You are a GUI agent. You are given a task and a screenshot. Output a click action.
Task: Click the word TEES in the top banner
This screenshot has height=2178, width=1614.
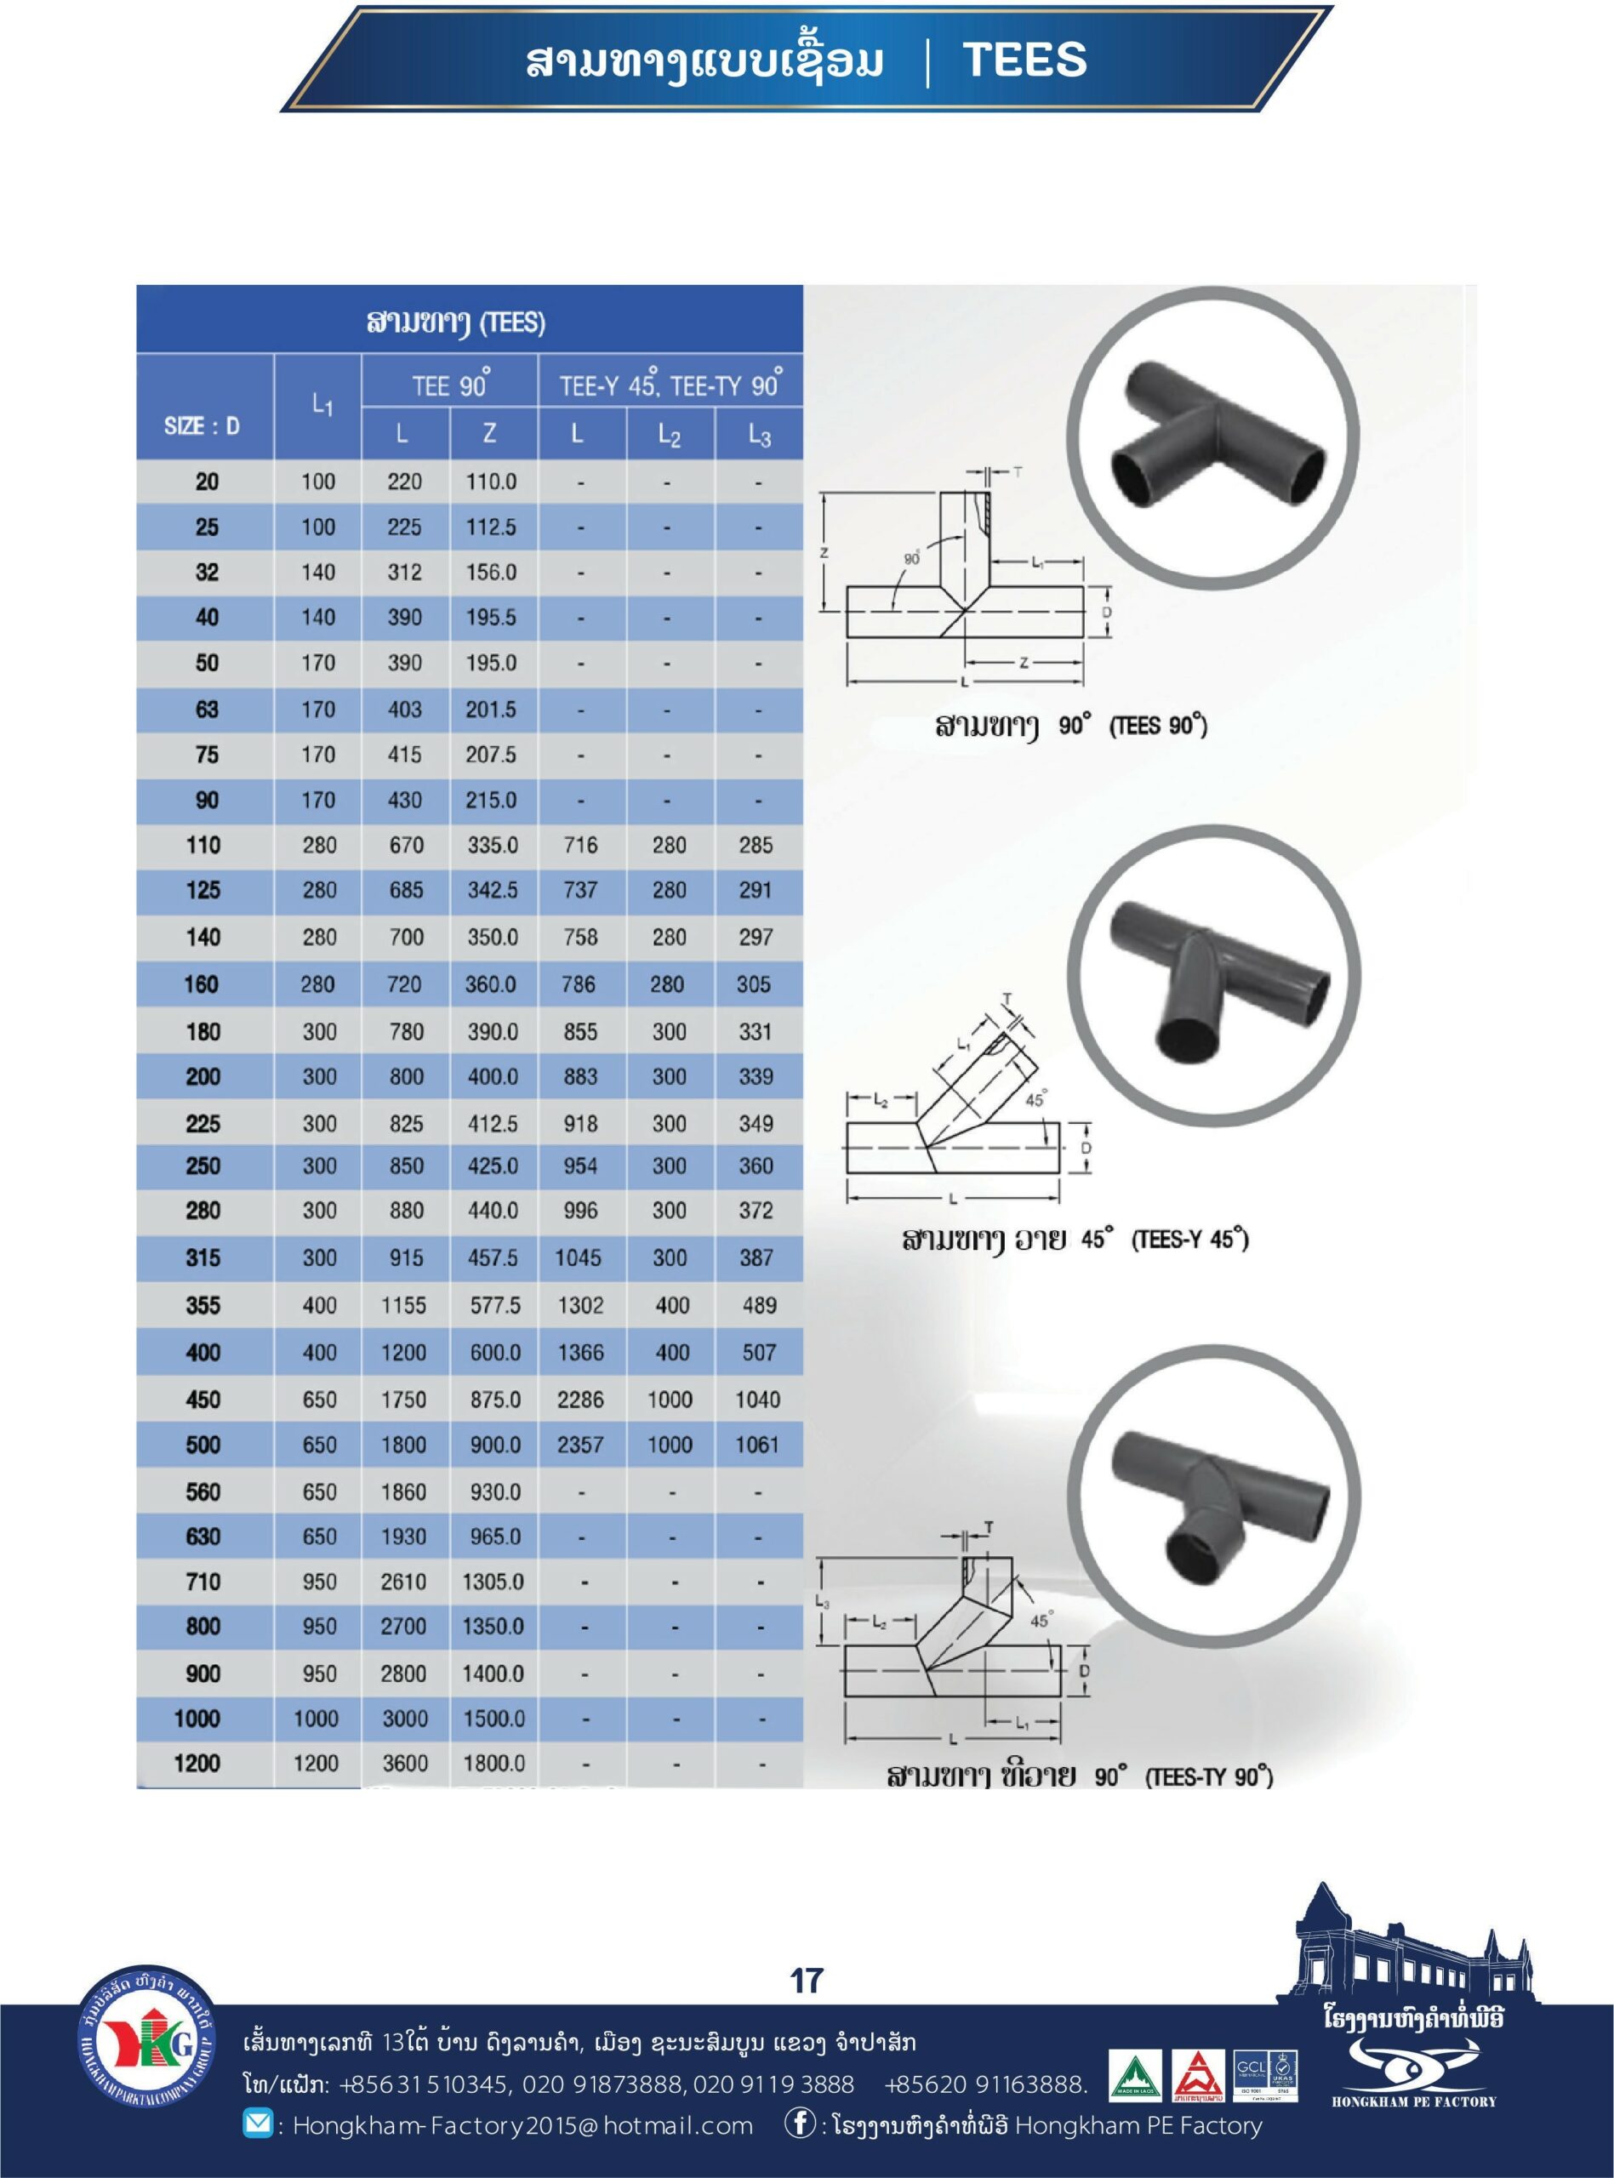1025,60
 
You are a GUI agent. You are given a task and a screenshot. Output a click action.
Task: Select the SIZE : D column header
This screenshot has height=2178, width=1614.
202,426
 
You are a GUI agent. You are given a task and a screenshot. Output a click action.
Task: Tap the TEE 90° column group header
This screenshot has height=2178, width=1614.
449,385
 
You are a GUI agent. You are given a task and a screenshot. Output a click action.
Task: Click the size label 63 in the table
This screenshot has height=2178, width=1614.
207,709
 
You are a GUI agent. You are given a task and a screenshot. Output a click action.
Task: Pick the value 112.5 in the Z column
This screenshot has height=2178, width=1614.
490,527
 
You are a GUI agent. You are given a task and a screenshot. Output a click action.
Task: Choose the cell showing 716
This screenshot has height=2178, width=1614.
580,845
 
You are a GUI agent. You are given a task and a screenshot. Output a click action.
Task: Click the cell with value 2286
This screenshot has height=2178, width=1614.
580,1400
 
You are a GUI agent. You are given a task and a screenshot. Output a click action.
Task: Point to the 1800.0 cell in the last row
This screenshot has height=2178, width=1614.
494,1763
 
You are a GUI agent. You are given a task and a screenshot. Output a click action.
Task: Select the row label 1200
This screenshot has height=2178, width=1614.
197,1763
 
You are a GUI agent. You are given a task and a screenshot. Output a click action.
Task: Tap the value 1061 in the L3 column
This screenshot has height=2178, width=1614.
757,1445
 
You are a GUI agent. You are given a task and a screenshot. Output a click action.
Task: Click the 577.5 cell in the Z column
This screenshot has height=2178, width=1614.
494,1305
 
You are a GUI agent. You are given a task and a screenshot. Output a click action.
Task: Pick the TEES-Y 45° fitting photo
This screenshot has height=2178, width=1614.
1213,978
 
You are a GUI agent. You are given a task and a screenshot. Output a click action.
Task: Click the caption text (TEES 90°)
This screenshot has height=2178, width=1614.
1158,727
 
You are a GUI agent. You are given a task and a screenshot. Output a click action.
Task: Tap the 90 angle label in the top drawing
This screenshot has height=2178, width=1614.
911,560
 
